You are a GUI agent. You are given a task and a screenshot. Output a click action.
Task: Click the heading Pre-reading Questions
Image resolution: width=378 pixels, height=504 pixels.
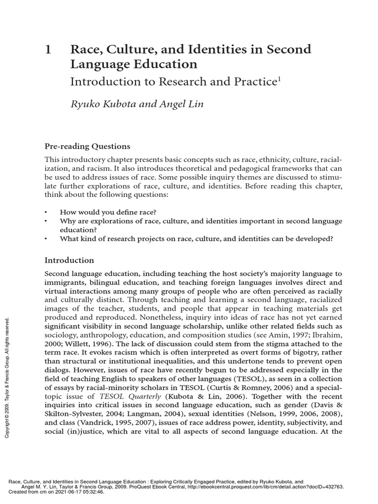(x=88, y=146)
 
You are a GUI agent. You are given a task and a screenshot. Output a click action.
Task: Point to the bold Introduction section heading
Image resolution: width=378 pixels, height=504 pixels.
(x=69, y=260)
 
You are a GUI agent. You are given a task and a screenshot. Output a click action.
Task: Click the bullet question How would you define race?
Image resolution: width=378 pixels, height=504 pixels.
(x=108, y=212)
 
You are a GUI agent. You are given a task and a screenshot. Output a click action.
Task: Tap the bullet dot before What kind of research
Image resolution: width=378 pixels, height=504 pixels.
(x=46, y=239)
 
